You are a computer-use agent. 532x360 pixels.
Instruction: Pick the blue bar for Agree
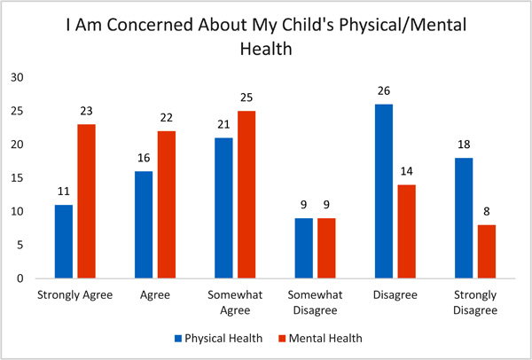click(144, 224)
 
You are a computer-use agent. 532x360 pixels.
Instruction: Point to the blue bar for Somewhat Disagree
click(304, 248)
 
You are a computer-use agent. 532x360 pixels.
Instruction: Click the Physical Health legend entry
click(221, 337)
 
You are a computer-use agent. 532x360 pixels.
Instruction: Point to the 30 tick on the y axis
click(16, 78)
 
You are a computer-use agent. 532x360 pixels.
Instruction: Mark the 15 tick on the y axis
click(16, 178)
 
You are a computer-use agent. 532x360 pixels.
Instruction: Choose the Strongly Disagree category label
click(474, 301)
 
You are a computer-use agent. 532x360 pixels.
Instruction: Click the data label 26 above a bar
click(384, 91)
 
